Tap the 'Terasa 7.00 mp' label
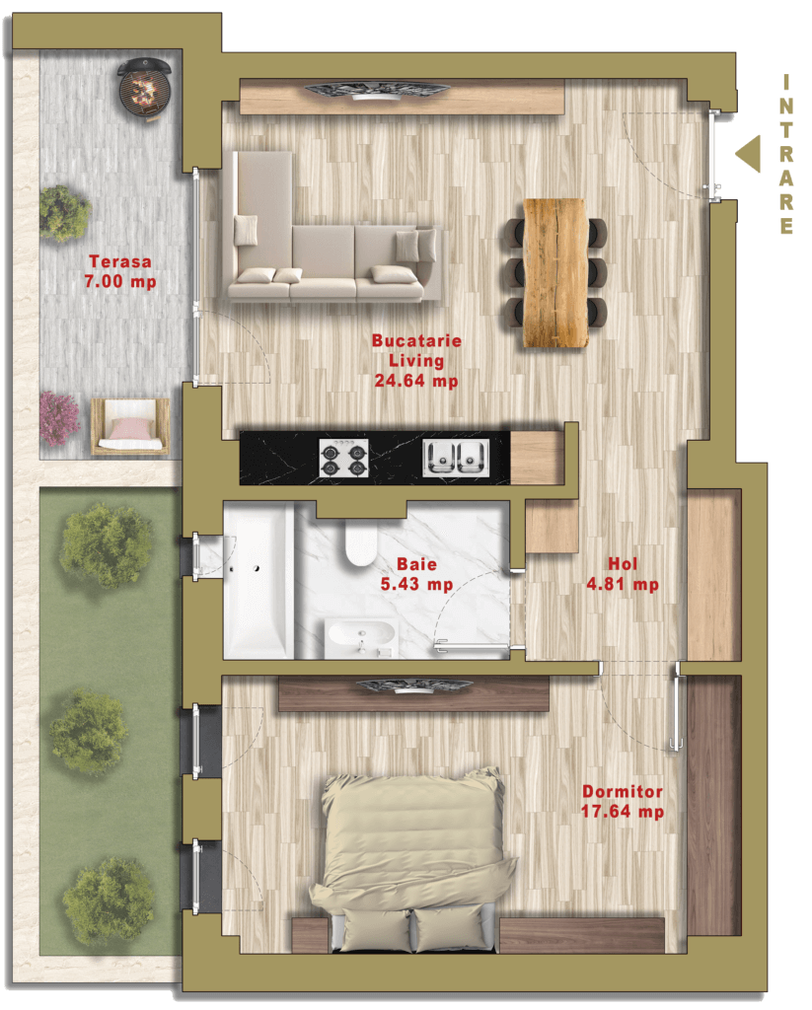(x=119, y=272)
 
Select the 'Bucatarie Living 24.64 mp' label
(x=415, y=361)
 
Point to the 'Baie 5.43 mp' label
(x=416, y=574)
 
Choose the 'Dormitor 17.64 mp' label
(x=622, y=802)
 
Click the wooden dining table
(x=555, y=272)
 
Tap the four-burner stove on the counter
(x=343, y=458)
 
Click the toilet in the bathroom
(x=362, y=541)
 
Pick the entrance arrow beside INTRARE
(x=748, y=155)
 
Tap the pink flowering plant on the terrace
(x=59, y=416)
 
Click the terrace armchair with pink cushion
(x=129, y=428)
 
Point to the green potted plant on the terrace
(x=64, y=212)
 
